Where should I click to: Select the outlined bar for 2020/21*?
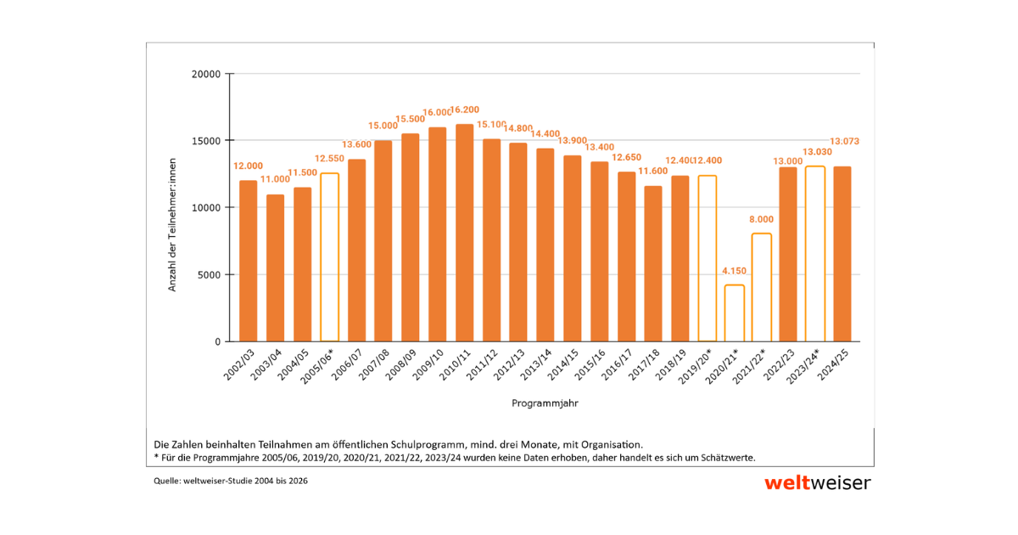click(735, 313)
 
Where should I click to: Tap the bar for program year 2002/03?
click(248, 261)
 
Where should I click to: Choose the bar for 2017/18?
click(653, 263)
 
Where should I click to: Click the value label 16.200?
click(464, 110)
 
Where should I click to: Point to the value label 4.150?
click(734, 271)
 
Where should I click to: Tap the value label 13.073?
click(843, 141)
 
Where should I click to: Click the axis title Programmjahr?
click(545, 404)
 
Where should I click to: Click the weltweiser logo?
click(817, 483)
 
